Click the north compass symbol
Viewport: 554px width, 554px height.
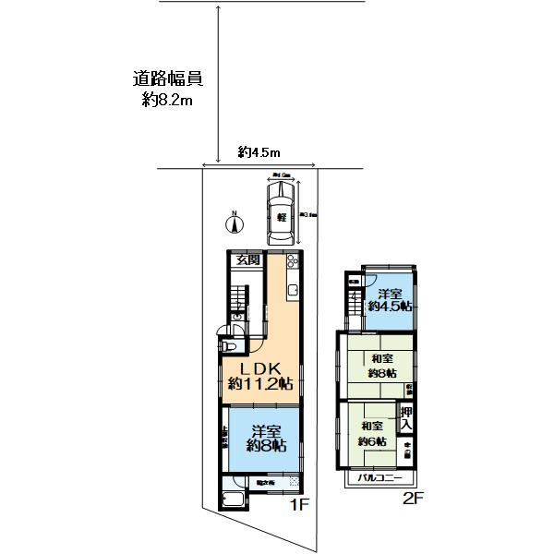coord(235,222)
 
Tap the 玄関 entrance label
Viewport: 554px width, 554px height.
coord(247,260)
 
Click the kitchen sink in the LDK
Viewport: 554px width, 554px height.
coord(293,293)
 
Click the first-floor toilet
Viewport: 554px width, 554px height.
coord(230,347)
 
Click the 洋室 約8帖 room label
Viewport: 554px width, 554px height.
coord(266,437)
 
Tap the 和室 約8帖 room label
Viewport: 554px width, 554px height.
coord(381,366)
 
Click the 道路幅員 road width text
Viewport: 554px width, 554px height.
coord(167,79)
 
